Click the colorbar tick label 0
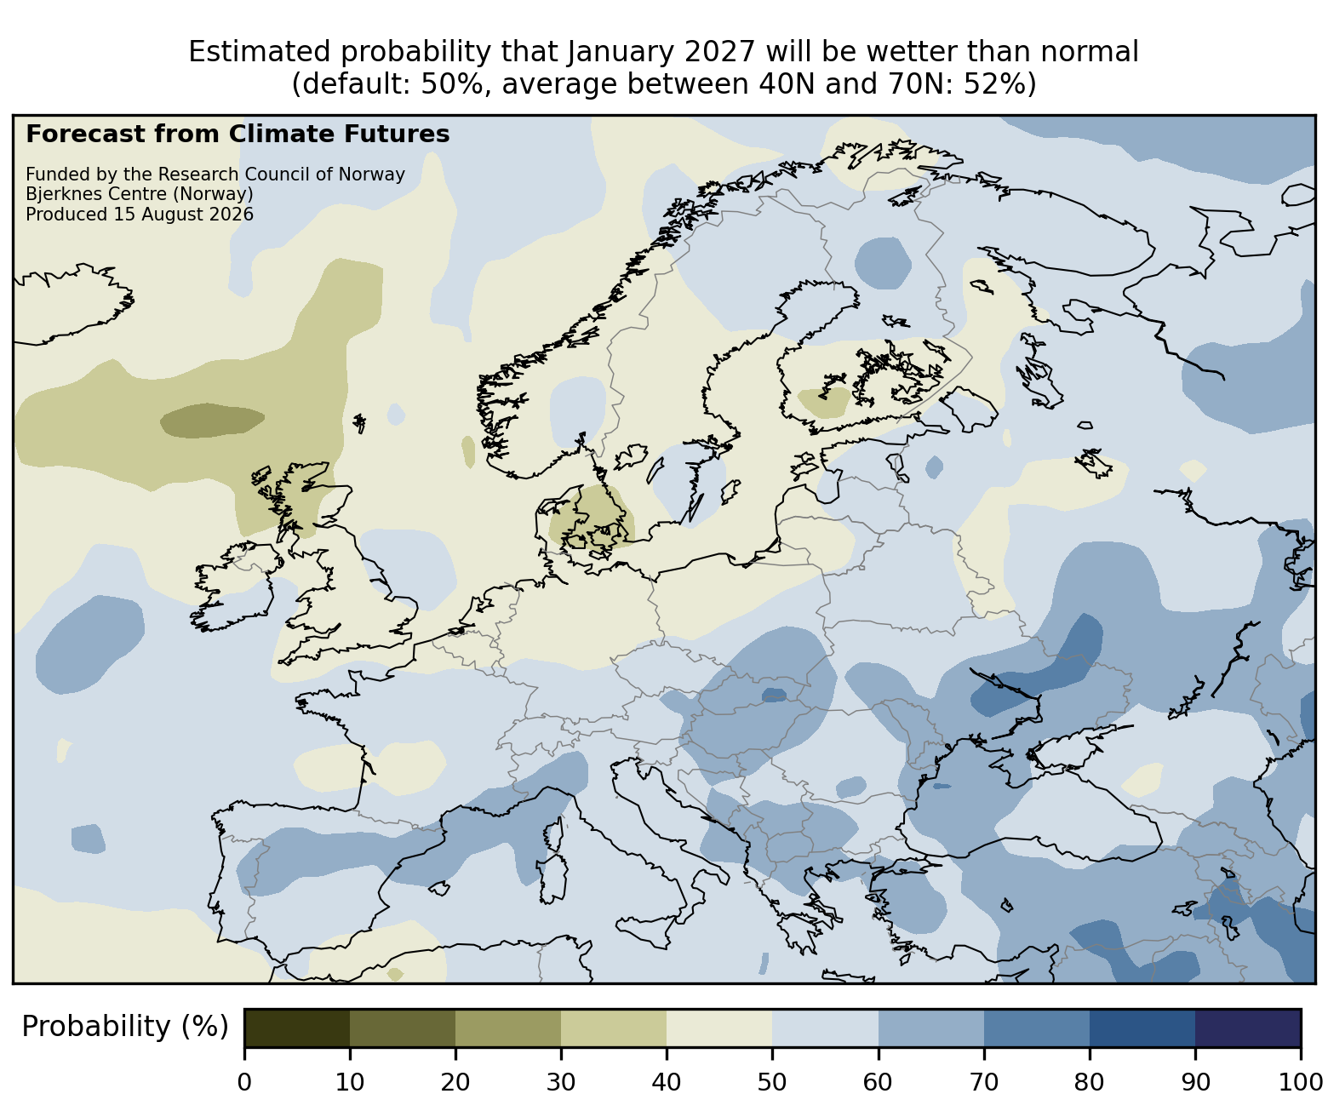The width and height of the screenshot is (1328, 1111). pyautogui.click(x=244, y=1082)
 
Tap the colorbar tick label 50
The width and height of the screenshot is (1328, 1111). pyautogui.click(x=772, y=1082)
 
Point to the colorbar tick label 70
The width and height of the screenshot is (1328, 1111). pyautogui.click(x=984, y=1082)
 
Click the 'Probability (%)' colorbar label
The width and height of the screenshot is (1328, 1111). pyautogui.click(x=125, y=1027)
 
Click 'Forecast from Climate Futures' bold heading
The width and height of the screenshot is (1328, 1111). pyautogui.click(x=238, y=135)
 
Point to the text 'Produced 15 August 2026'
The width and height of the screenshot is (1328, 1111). pyautogui.click(x=140, y=215)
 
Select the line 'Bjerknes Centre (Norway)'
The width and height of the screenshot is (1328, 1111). pyautogui.click(x=140, y=194)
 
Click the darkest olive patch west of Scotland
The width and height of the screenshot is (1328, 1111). pyautogui.click(x=213, y=420)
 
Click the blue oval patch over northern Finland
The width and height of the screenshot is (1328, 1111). pyautogui.click(x=883, y=263)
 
